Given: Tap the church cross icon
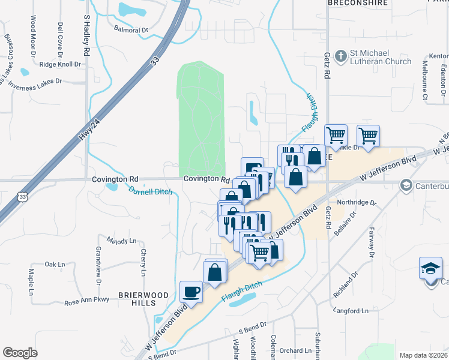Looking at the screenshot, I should (340, 56).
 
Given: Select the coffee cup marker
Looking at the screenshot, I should (191, 292).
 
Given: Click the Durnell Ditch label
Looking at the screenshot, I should (150, 192).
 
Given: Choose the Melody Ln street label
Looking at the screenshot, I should (122, 241).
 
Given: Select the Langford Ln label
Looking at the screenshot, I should (352, 311).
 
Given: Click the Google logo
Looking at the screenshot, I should (20, 352).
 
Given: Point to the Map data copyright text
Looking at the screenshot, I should (423, 355).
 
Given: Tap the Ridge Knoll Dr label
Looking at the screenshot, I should (59, 64).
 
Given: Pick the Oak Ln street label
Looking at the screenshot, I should (55, 264).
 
